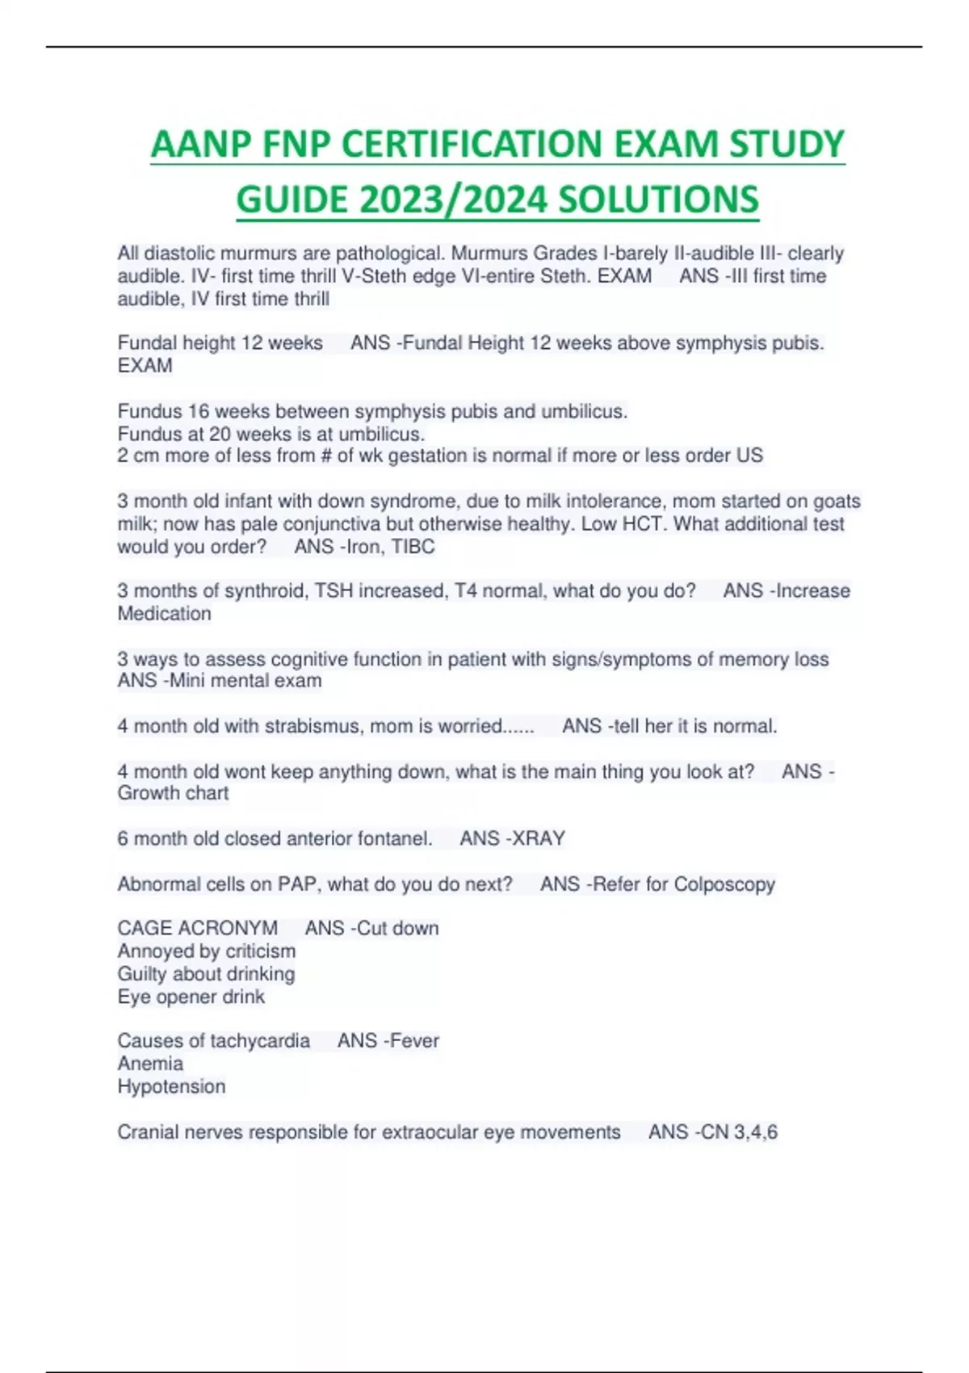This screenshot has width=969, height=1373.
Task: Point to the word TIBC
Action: [413, 547]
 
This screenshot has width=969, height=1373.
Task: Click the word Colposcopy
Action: [724, 884]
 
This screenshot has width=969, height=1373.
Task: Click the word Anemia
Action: [150, 1064]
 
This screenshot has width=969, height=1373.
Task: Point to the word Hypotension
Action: [171, 1086]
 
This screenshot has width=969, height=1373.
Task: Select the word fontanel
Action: [395, 838]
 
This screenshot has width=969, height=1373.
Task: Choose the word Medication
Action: [165, 614]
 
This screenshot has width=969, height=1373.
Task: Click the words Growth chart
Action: [173, 793]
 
